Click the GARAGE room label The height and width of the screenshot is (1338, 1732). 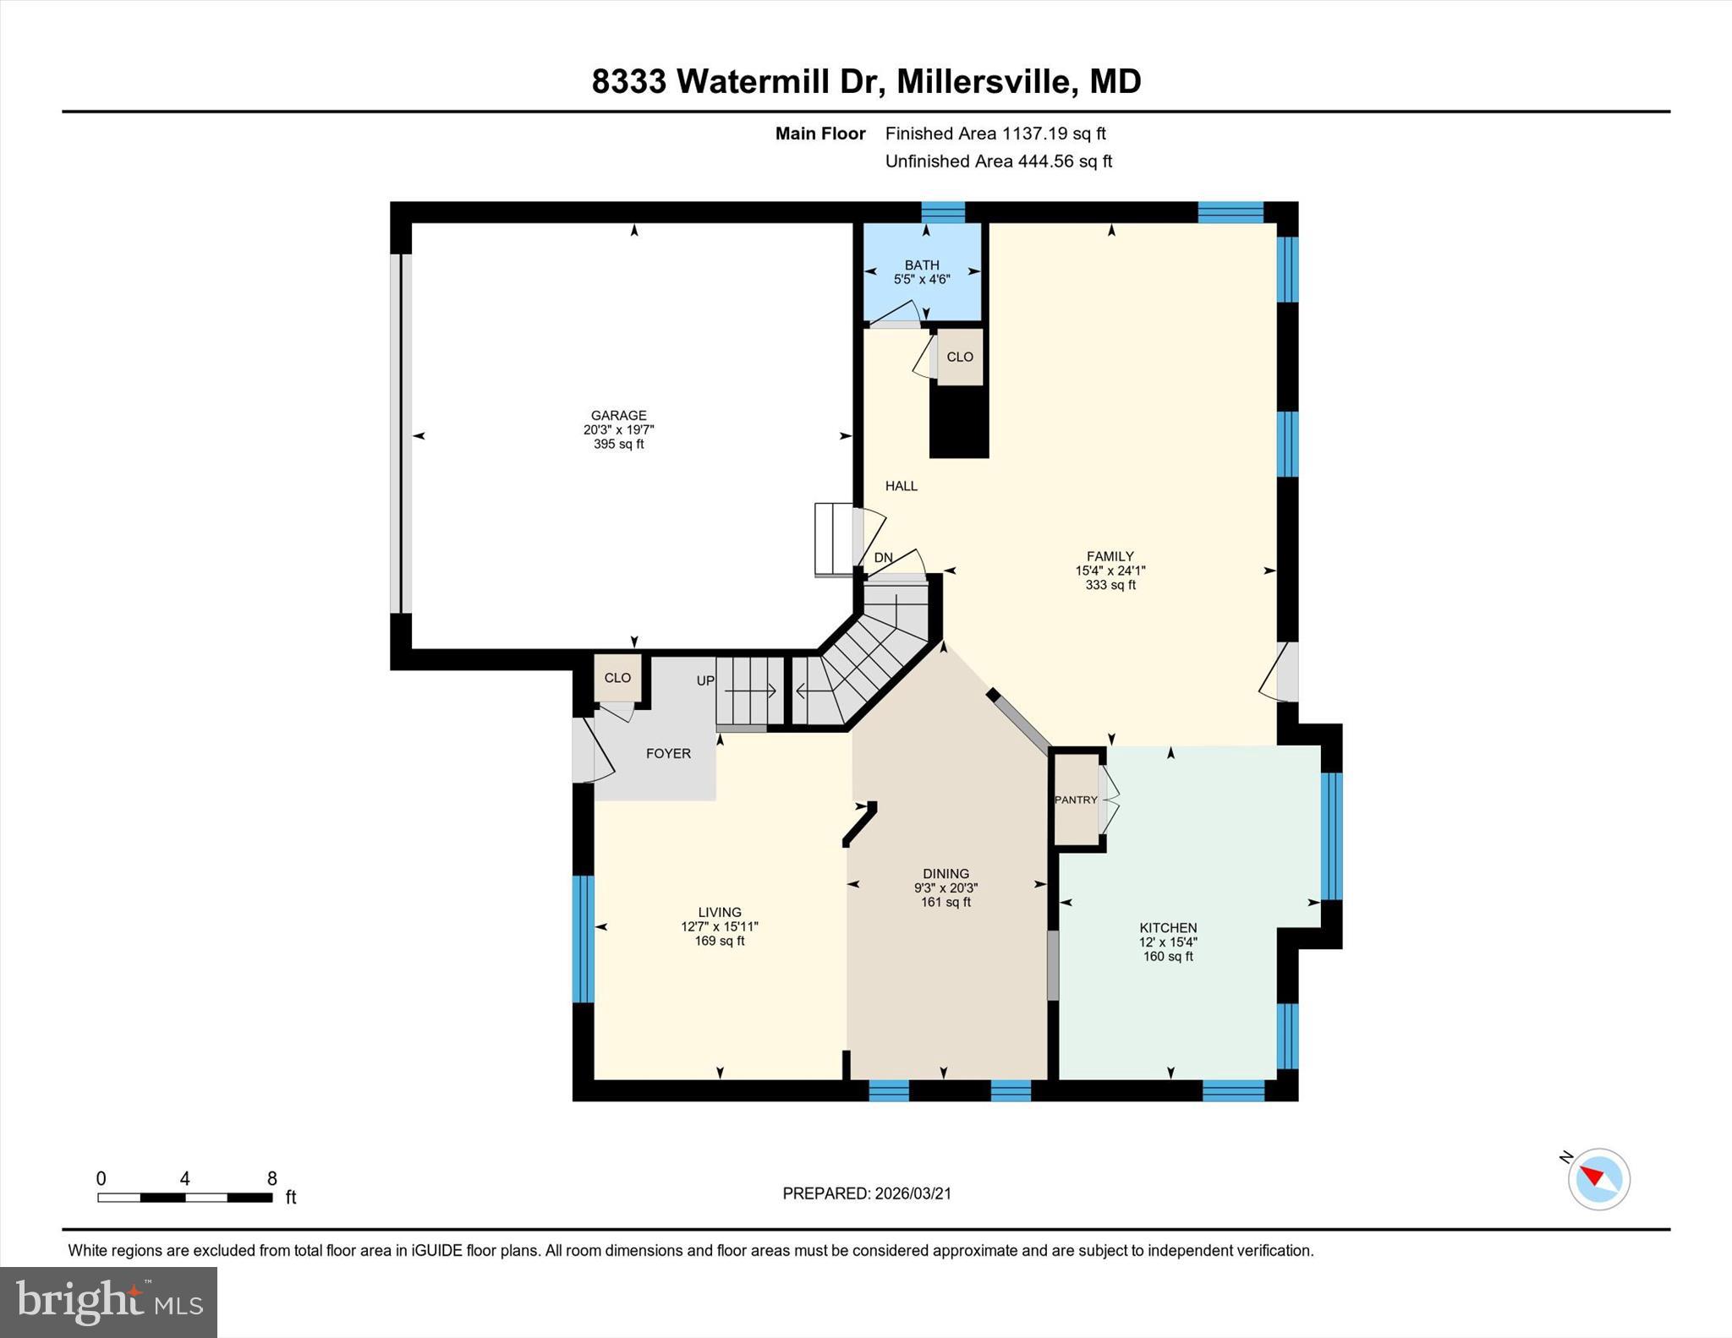tap(618, 415)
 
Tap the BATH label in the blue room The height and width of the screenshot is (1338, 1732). tap(921, 265)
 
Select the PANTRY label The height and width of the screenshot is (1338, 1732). tap(1075, 800)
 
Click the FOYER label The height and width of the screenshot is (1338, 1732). tap(668, 753)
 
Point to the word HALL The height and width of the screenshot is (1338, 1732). tap(901, 486)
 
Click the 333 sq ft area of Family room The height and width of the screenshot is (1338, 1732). tap(1110, 585)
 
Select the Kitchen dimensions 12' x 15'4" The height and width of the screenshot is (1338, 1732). tap(1168, 942)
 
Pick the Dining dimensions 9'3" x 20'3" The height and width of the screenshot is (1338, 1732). tap(945, 888)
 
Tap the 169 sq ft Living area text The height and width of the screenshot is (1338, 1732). tap(719, 941)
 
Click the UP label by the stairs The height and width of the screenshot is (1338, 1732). tap(705, 680)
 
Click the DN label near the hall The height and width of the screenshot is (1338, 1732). tap(883, 558)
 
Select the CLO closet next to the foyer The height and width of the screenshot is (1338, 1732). tap(617, 678)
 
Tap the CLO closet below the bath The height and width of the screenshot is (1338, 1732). tap(959, 357)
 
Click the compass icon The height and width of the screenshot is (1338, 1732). tap(1598, 1178)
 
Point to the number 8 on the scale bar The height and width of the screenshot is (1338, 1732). tap(271, 1178)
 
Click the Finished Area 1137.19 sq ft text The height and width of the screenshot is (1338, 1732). tap(995, 134)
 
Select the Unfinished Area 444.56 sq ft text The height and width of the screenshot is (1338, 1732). tap(998, 161)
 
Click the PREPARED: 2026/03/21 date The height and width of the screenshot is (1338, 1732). tap(866, 1193)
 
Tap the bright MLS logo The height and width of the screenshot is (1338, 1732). tap(108, 1302)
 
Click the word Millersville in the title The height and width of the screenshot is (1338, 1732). tap(986, 82)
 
